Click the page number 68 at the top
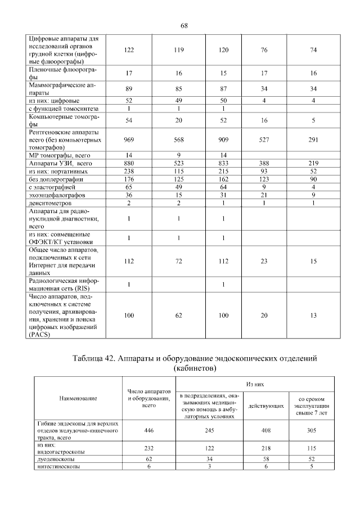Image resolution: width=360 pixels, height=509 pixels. pyautogui.click(x=184, y=25)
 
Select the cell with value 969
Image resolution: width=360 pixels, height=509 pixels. pyautogui.click(x=129, y=139)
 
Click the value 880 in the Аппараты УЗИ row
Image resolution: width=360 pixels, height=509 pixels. pyautogui.click(x=129, y=163)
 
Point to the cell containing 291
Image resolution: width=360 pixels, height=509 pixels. pyautogui.click(x=313, y=139)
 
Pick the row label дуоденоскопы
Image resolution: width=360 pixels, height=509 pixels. pyautogui.click(x=55, y=459)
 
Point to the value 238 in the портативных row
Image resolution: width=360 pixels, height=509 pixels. pyautogui.click(x=129, y=170)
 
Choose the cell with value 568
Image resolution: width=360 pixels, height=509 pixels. pyautogui.click(x=179, y=139)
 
